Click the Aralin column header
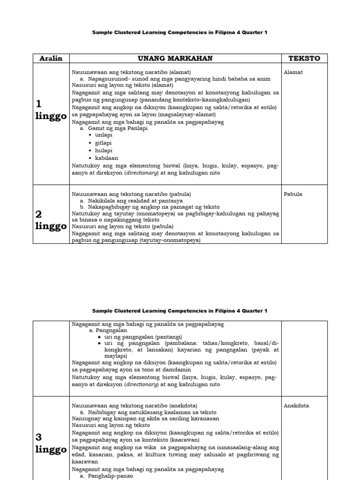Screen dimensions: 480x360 coord(51,58)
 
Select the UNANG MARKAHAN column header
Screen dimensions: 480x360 coord(175,58)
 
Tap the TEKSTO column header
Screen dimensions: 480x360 coord(304,58)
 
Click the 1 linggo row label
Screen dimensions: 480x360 coord(51,111)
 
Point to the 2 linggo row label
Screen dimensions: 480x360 coord(51,220)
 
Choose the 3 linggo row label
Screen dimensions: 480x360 coord(51,443)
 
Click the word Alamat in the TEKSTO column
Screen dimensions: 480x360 coord(293,73)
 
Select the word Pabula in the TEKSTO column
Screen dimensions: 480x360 coord(293,194)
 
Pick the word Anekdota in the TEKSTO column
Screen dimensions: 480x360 coord(296,405)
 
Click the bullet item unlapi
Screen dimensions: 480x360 coord(104,135)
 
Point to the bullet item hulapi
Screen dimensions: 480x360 coord(104,150)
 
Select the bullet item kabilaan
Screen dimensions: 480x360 coord(106,158)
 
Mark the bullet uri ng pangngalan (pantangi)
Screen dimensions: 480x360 coord(143,337)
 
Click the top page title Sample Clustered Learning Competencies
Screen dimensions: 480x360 coord(180,32)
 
